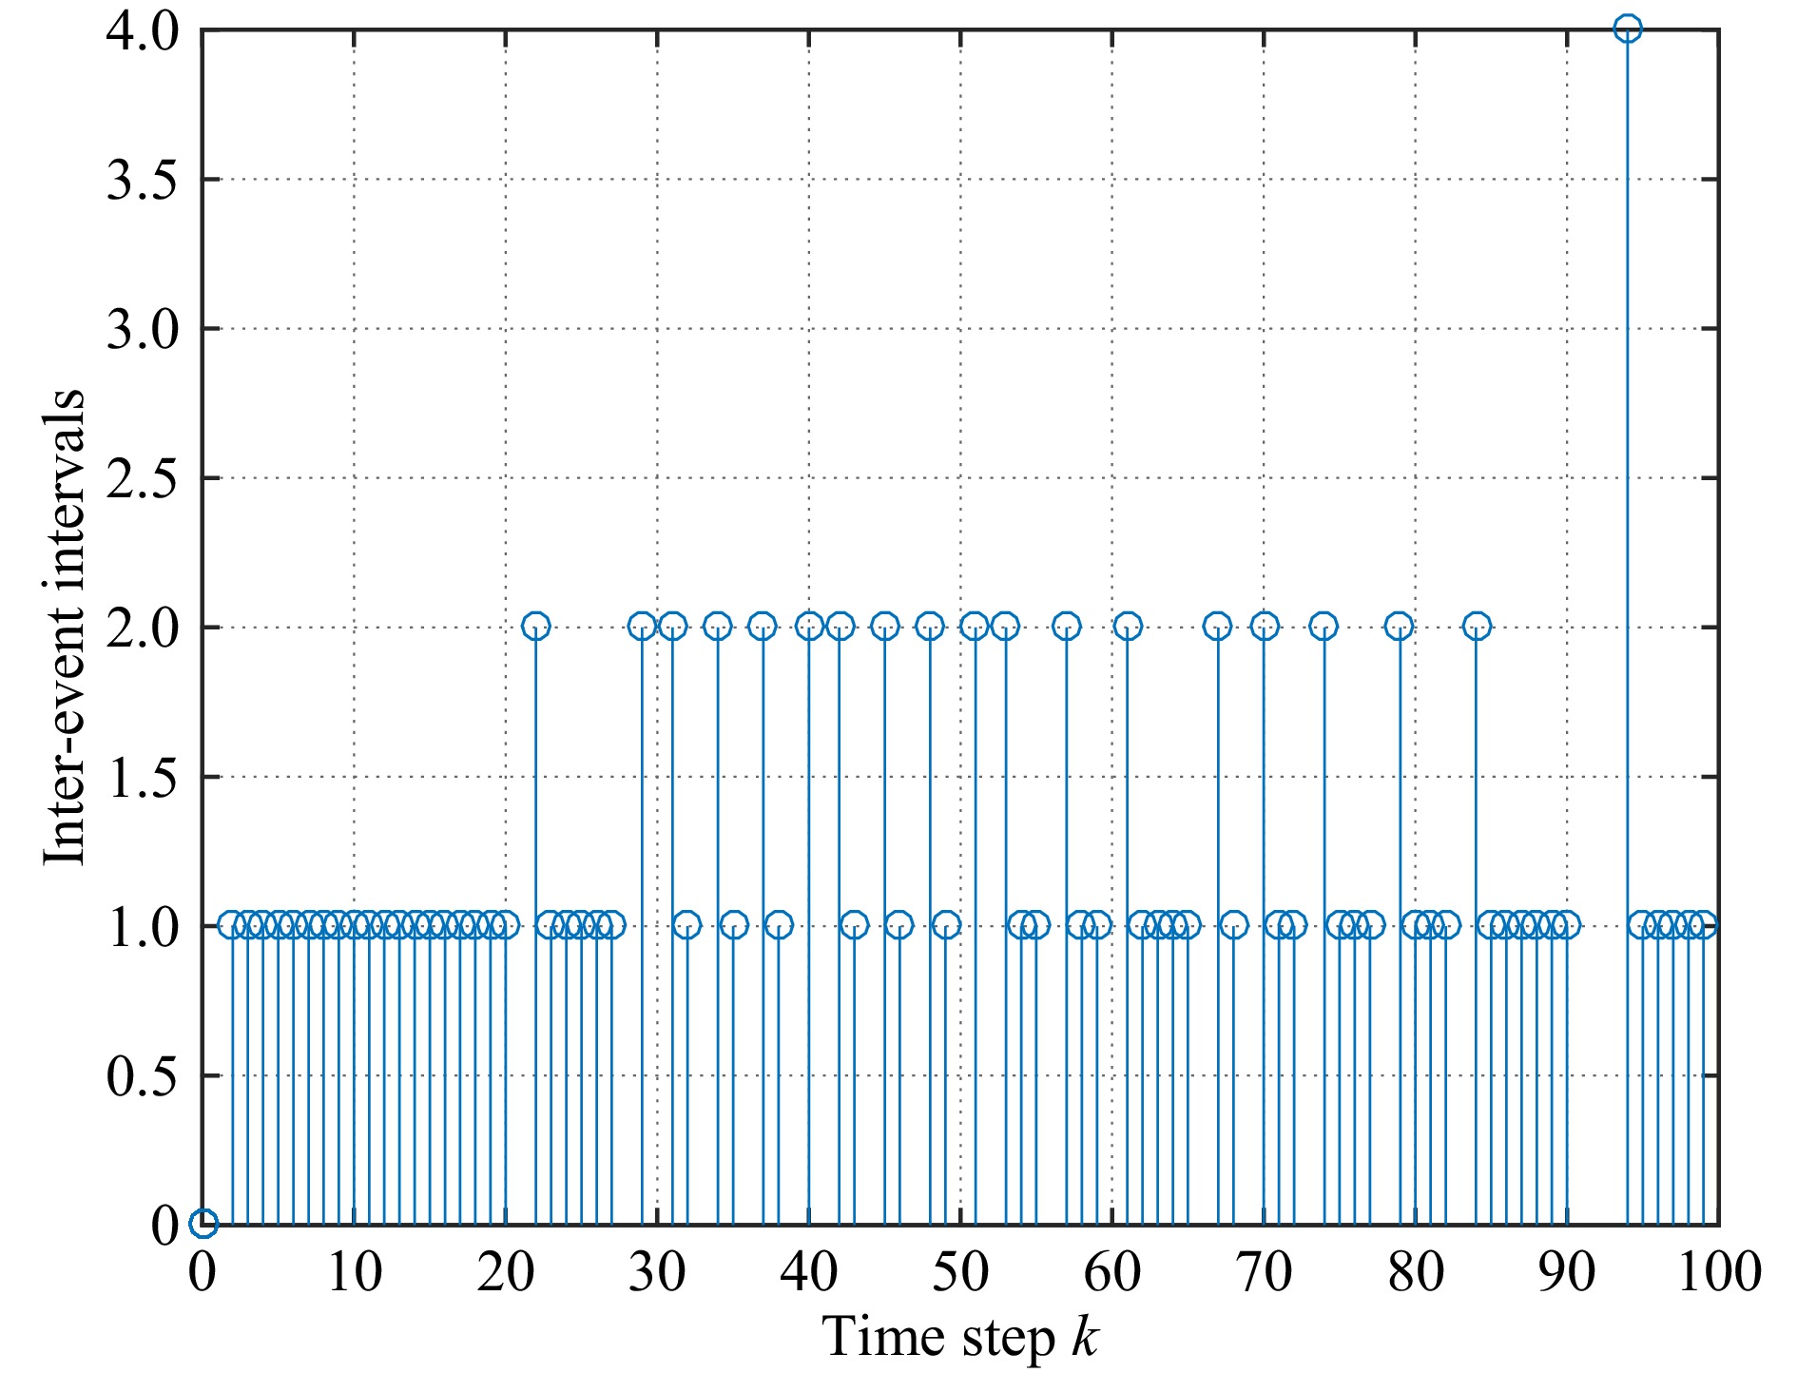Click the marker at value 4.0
pyautogui.click(x=1627, y=29)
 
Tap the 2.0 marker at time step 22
pyautogui.click(x=536, y=627)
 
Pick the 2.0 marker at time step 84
pyautogui.click(x=1476, y=627)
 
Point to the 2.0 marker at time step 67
pyautogui.click(x=1218, y=627)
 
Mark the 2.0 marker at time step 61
pyautogui.click(x=1128, y=627)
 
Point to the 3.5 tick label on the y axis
pyautogui.click(x=142, y=180)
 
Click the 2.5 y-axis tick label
pyautogui.click(x=142, y=478)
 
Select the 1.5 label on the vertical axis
pyautogui.click(x=142, y=777)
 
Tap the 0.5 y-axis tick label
pyautogui.click(x=142, y=1075)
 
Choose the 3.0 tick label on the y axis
pyautogui.click(x=142, y=329)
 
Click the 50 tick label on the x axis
pyautogui.click(x=961, y=1271)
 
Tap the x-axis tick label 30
pyautogui.click(x=658, y=1271)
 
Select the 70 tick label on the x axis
pyautogui.click(x=1265, y=1271)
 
